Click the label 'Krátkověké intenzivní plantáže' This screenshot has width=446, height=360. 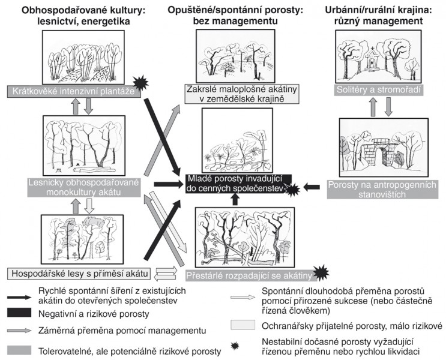pyautogui.click(x=74, y=91)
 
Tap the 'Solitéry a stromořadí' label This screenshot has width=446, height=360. pyautogui.click(x=378, y=90)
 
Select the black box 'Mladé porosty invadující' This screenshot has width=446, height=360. pyautogui.click(x=238, y=184)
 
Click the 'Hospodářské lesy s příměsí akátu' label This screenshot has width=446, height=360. pyautogui.click(x=80, y=274)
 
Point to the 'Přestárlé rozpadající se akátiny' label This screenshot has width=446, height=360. pyautogui.click(x=250, y=275)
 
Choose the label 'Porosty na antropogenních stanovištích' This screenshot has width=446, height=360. pyautogui.click(x=382, y=190)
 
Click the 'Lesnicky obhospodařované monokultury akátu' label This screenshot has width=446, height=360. pyautogui.click(x=84, y=187)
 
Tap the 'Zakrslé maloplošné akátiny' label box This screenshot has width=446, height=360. pyautogui.click(x=242, y=94)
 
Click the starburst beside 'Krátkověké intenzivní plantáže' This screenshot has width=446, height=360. pyautogui.click(x=140, y=83)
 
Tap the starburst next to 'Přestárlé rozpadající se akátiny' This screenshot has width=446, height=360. pyautogui.click(x=321, y=273)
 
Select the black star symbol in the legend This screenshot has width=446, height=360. pyautogui.click(x=235, y=346)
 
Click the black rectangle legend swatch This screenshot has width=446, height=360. pyautogui.click(x=19, y=313)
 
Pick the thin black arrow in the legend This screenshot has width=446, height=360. pyautogui.click(x=19, y=297)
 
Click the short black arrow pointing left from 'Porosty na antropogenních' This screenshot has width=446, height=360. pyautogui.click(x=312, y=187)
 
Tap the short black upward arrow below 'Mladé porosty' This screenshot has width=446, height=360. pyautogui.click(x=235, y=199)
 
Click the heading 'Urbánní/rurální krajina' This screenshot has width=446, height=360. pyautogui.click(x=378, y=11)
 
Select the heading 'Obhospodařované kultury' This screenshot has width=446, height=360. pyautogui.click(x=83, y=11)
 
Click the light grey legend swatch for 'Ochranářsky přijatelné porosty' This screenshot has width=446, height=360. pyautogui.click(x=243, y=325)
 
